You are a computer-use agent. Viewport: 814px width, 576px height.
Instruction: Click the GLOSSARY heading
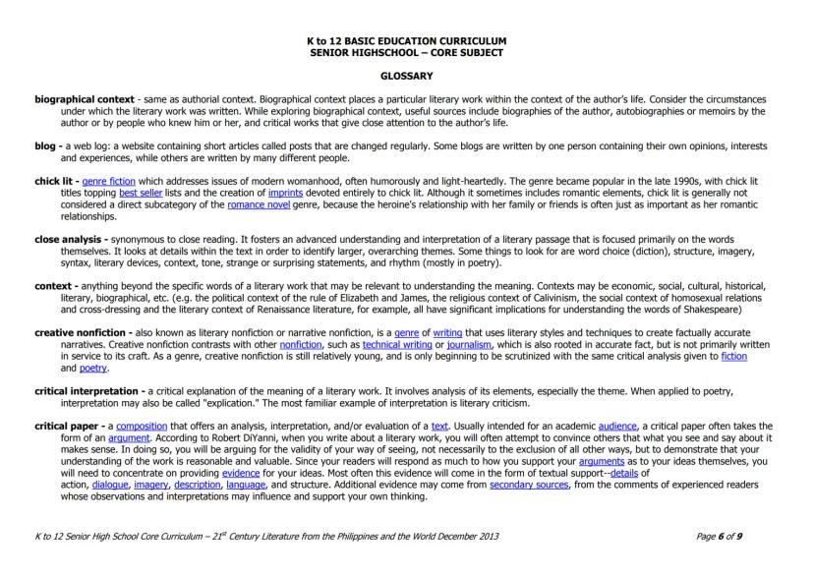point(406,76)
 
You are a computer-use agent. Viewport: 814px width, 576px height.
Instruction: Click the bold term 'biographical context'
point(72,99)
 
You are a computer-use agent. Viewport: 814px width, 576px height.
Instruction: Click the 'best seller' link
point(141,195)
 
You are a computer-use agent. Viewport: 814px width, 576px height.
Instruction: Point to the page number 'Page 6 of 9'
point(720,536)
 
